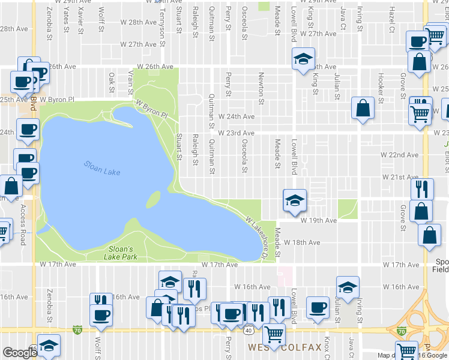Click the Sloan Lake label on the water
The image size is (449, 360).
(x=102, y=169)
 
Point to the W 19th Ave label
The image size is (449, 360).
(x=319, y=221)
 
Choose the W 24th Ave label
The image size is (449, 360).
(x=237, y=116)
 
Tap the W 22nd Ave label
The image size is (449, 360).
(x=400, y=155)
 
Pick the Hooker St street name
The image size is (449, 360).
(x=381, y=84)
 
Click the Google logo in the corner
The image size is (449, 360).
(x=20, y=353)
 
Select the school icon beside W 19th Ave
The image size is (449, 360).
(x=295, y=200)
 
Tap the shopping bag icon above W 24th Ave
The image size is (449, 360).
(x=363, y=109)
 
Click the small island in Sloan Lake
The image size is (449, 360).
(x=154, y=199)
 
